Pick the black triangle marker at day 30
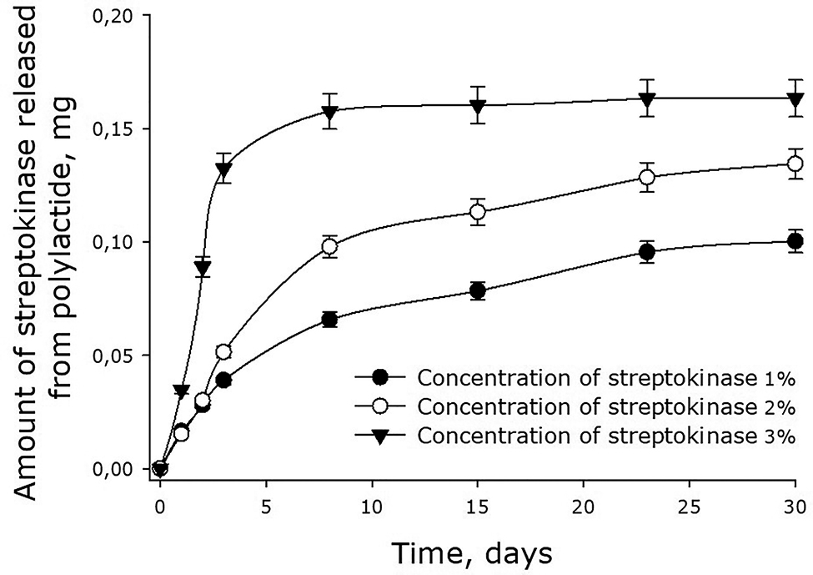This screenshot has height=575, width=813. pyautogui.click(x=795, y=99)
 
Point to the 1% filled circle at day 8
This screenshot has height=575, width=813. pyautogui.click(x=329, y=320)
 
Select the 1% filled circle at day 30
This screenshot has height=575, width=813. pyautogui.click(x=795, y=242)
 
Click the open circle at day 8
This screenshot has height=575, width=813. pyautogui.click(x=329, y=246)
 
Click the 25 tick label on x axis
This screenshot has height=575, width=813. pyautogui.click(x=689, y=506)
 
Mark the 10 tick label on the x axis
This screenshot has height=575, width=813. pyautogui.click(x=372, y=506)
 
